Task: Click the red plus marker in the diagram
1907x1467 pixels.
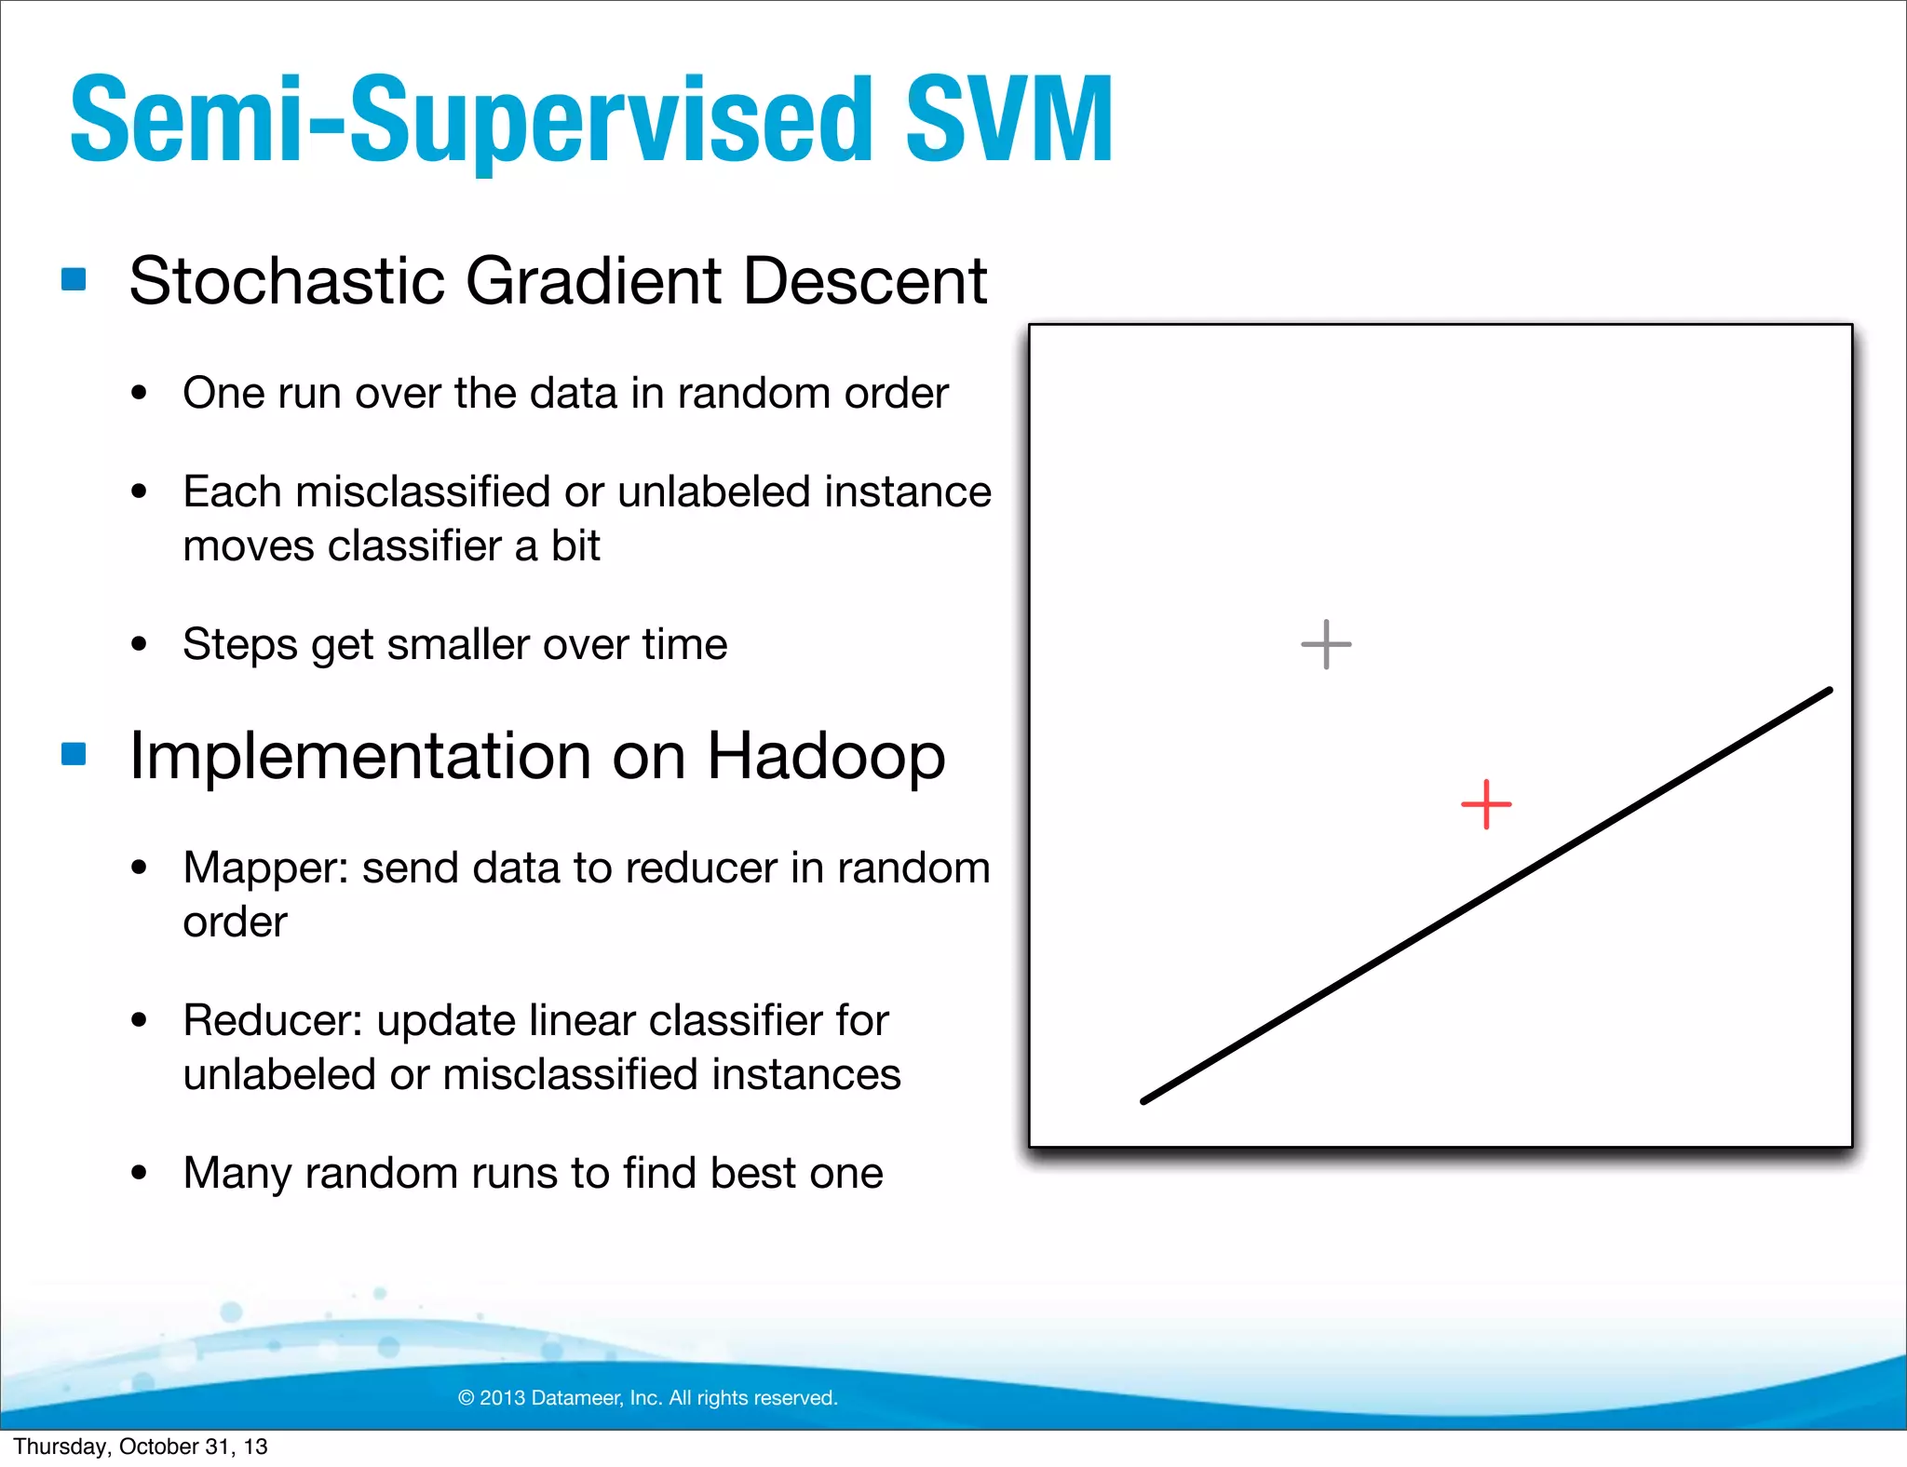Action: click(1486, 804)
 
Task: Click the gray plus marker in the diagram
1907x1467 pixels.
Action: click(1326, 644)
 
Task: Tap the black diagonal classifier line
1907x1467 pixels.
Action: click(1487, 895)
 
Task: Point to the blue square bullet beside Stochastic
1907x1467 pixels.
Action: click(74, 279)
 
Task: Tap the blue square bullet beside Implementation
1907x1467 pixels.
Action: click(74, 753)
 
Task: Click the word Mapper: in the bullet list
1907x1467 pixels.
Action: click(265, 868)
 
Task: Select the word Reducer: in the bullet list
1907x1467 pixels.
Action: click(272, 1020)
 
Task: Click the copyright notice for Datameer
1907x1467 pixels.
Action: click(648, 1397)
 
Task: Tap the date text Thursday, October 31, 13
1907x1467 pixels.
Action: click(141, 1447)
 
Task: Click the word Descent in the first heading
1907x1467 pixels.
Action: click(865, 280)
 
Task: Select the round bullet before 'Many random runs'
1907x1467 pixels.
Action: click(140, 1173)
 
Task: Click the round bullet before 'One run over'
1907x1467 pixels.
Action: click(140, 393)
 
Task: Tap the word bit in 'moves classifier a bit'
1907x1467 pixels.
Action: click(575, 545)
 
